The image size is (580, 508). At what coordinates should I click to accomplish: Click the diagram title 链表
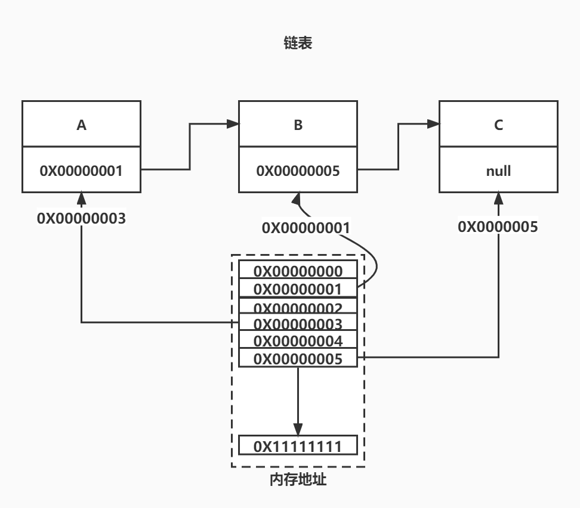[x=298, y=44]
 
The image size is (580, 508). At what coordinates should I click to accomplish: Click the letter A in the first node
[x=81, y=125]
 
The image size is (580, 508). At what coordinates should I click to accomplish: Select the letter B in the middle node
[x=298, y=125]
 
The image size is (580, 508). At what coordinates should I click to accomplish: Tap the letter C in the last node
[x=499, y=125]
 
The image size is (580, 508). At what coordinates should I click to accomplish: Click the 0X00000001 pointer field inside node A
[x=81, y=170]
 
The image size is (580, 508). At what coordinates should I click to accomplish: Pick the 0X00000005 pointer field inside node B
[x=298, y=170]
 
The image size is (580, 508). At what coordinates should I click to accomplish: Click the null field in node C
[x=499, y=170]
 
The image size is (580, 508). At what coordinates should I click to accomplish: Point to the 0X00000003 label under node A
[x=81, y=218]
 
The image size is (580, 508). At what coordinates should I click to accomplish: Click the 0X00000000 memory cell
[x=298, y=271]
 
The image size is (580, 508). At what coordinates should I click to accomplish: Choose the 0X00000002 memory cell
[x=298, y=308]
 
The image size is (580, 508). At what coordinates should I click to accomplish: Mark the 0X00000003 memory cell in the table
[x=298, y=325]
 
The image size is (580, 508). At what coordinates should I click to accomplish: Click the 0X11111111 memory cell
[x=298, y=446]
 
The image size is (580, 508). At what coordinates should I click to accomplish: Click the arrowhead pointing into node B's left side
[x=233, y=124]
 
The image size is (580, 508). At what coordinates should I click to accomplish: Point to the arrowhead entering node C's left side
[x=434, y=124]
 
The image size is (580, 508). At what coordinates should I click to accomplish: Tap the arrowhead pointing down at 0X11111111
[x=298, y=430]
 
